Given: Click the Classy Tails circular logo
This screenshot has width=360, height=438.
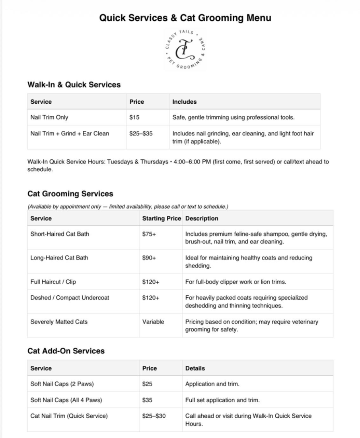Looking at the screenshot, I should pyautogui.click(x=185, y=49).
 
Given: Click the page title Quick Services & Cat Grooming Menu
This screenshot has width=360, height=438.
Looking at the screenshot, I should pyautogui.click(x=185, y=18).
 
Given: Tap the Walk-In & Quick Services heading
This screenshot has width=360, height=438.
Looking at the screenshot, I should pyautogui.click(x=74, y=85).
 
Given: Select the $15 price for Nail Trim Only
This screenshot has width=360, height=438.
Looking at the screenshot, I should pyautogui.click(x=134, y=117).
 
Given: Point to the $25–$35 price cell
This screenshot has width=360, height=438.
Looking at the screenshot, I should pyautogui.click(x=141, y=134).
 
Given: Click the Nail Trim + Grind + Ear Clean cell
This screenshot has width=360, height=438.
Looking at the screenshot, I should pyautogui.click(x=70, y=134).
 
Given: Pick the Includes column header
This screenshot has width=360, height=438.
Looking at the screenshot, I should pyautogui.click(x=184, y=102).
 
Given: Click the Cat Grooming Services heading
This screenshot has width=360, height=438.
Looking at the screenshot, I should pyautogui.click(x=70, y=194).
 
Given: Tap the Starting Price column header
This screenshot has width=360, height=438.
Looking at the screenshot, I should pyautogui.click(x=162, y=218).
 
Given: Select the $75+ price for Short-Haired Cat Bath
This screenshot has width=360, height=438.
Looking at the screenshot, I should pyautogui.click(x=149, y=234).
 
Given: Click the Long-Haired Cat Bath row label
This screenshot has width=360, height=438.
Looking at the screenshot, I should pyautogui.click(x=59, y=258).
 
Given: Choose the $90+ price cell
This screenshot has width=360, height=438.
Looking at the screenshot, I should pyautogui.click(x=149, y=258).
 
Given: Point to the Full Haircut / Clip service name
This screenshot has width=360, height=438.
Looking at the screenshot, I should pyautogui.click(x=53, y=282).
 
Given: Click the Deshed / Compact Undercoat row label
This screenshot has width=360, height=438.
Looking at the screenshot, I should pyautogui.click(x=70, y=298).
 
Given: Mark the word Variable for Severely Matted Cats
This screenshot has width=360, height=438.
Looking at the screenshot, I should pyautogui.click(x=153, y=322).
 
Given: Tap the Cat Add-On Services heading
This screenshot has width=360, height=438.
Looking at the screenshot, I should pyautogui.click(x=66, y=351).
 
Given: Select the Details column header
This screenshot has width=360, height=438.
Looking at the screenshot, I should pyautogui.click(x=195, y=368).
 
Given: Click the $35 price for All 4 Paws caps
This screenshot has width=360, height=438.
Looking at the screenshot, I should pyautogui.click(x=147, y=400).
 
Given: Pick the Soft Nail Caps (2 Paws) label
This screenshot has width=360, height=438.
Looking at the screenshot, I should pyautogui.click(x=62, y=384).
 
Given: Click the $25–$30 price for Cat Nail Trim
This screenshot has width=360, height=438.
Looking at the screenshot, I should pyautogui.click(x=154, y=416).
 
